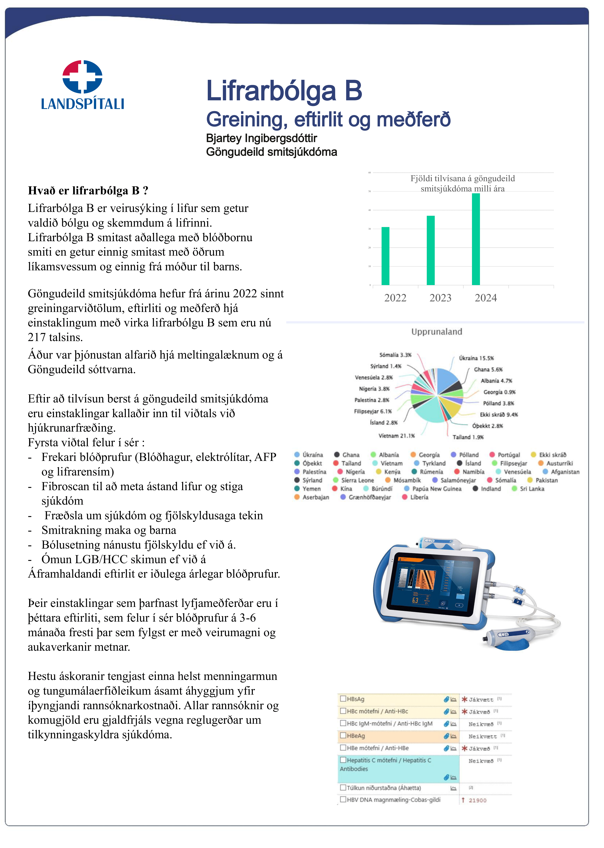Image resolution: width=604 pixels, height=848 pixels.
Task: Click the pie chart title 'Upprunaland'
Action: point(437,332)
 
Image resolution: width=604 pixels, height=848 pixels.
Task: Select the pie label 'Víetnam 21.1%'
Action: point(396,436)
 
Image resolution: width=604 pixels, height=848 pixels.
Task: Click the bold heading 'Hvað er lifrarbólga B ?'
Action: point(88,191)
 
